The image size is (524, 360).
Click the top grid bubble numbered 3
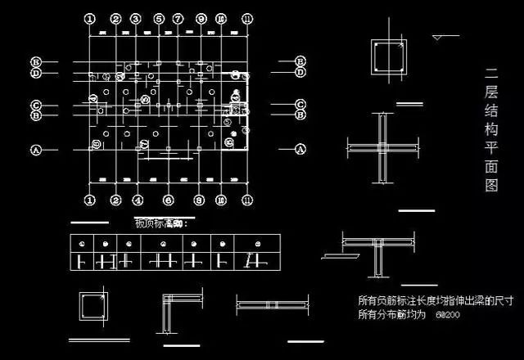135,18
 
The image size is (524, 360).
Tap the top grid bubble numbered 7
178,18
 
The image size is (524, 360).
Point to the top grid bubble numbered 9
200,18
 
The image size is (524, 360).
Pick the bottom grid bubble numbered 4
138,199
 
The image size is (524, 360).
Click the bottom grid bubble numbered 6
168,199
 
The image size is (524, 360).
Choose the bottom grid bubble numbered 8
198,199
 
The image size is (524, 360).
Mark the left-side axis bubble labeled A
35,150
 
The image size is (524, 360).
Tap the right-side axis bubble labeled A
300,150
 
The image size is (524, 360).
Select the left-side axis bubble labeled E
35,62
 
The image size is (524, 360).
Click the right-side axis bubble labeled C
300,104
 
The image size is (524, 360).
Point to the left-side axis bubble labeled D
35,73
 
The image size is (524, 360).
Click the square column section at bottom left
92,308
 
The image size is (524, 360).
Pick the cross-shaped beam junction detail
382,148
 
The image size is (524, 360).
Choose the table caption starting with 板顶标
161,223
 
